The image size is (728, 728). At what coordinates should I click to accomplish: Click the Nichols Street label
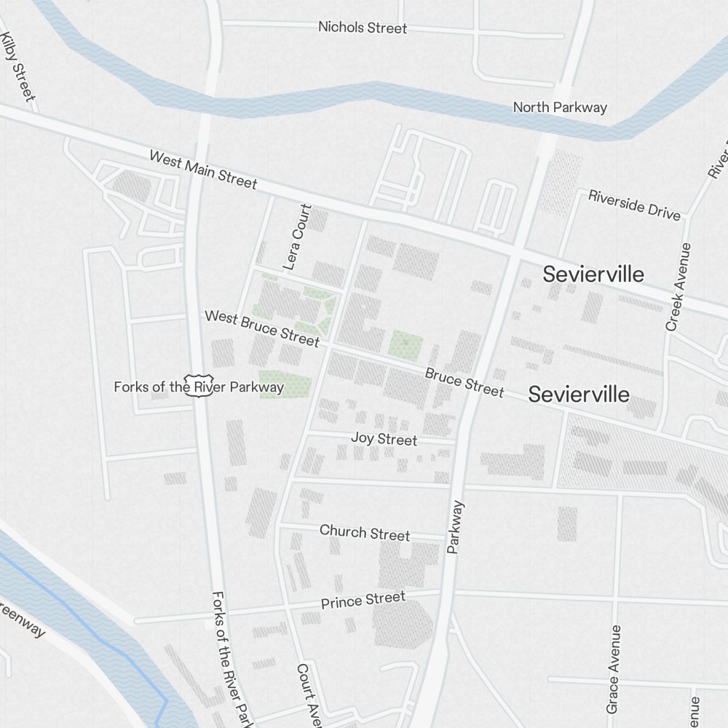(363, 28)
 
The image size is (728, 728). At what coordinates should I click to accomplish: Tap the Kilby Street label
(17, 66)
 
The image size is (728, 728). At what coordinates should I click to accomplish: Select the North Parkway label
(560, 108)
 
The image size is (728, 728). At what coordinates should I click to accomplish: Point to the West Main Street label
(203, 170)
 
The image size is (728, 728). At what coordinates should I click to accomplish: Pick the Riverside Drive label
(634, 205)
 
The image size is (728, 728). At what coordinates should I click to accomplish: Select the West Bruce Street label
(262, 328)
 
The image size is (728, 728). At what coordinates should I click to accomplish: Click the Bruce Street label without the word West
(464, 383)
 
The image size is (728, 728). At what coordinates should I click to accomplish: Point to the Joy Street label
(384, 439)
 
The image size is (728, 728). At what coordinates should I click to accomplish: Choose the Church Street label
(365, 533)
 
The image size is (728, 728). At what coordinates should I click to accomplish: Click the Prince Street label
(363, 601)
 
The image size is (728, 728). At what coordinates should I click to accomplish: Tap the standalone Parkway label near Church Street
(456, 527)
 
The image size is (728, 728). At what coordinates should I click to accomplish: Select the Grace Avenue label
(613, 668)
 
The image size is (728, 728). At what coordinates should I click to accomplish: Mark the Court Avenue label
(308, 695)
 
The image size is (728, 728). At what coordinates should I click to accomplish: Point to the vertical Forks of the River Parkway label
(232, 659)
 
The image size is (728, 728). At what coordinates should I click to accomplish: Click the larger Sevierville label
(593, 274)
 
